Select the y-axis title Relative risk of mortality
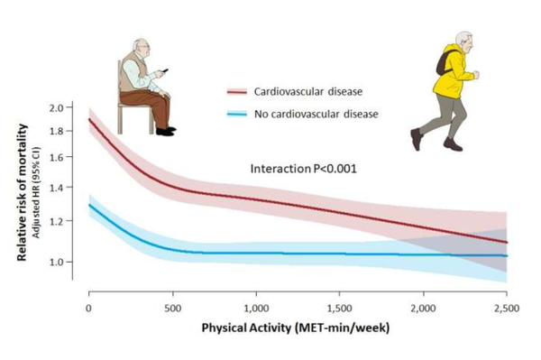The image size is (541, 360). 19,195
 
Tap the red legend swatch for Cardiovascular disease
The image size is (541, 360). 236,90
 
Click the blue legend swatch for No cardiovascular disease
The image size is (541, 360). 236,114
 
